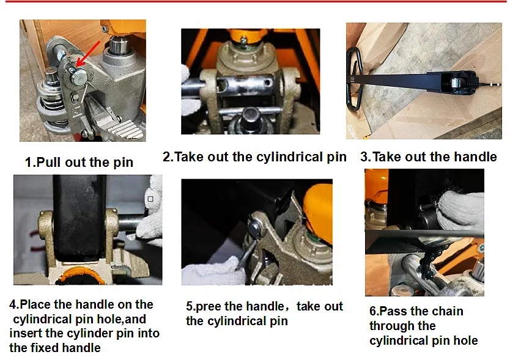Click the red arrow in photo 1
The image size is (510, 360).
[x=89, y=53]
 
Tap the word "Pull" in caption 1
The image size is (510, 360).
[x=48, y=162]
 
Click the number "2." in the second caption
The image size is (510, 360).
[x=168, y=156]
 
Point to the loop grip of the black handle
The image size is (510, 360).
[x=354, y=79]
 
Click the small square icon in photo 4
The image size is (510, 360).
[x=150, y=199]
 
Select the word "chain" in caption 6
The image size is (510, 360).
[x=447, y=311]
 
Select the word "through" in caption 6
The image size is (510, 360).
[x=402, y=326]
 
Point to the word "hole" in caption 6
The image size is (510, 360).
[x=466, y=340]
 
